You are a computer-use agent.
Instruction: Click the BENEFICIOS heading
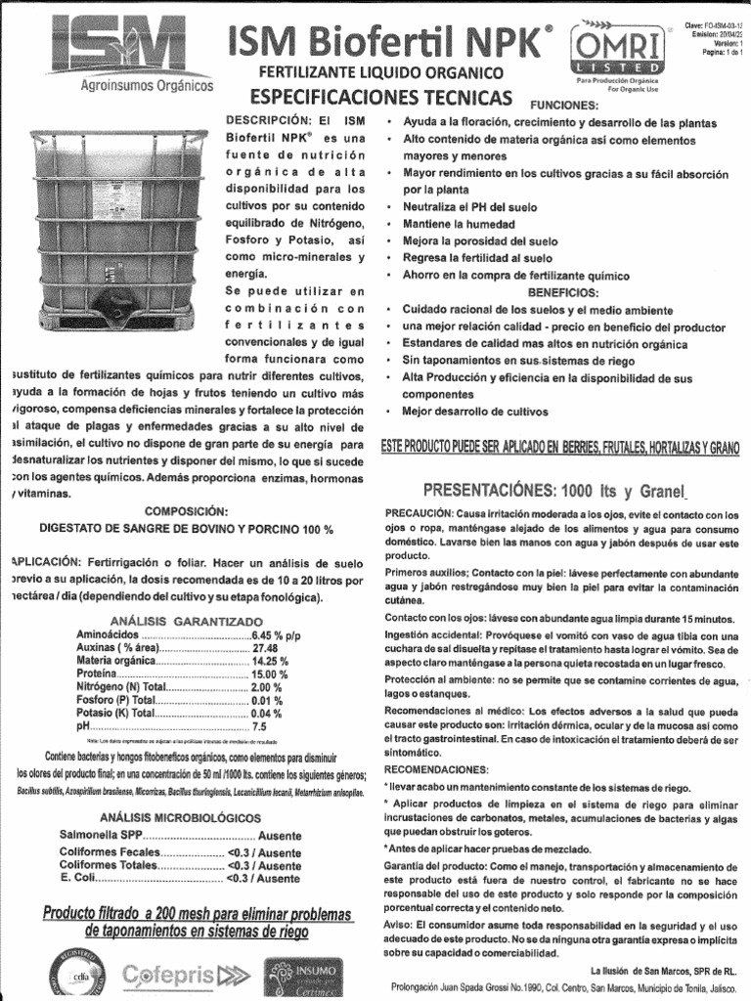(x=562, y=292)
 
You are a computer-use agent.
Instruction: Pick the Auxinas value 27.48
(x=265, y=648)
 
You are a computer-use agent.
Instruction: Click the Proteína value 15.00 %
(x=270, y=675)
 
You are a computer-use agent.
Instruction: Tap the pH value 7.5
(x=259, y=727)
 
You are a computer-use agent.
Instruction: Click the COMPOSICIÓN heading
(x=186, y=511)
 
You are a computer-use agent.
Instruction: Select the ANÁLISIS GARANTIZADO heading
(x=186, y=621)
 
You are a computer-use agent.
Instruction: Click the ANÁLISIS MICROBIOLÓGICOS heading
(x=187, y=817)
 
